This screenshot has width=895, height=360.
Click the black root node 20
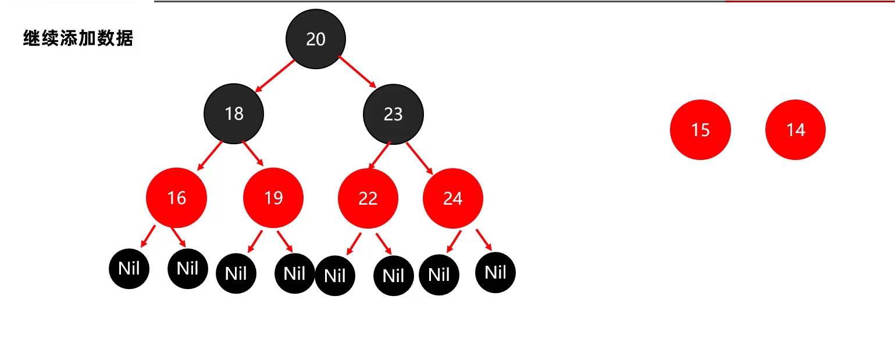pyautogui.click(x=316, y=39)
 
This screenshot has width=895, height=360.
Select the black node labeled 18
pyautogui.click(x=234, y=113)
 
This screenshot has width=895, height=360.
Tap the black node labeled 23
pyautogui.click(x=393, y=114)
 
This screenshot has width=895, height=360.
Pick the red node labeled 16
pyautogui.click(x=176, y=198)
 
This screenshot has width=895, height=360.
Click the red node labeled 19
pyautogui.click(x=273, y=198)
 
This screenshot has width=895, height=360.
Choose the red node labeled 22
pyautogui.click(x=368, y=198)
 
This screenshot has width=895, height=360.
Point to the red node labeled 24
pyautogui.click(x=452, y=198)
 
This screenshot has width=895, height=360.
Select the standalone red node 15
pyautogui.click(x=700, y=130)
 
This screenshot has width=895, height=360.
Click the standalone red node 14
pyautogui.click(x=795, y=130)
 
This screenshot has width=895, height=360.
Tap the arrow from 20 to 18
pyautogui.click(x=275, y=75)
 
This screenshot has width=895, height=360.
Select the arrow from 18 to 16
pyautogui.click(x=210, y=155)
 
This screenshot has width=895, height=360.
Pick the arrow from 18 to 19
pyautogui.click(x=253, y=154)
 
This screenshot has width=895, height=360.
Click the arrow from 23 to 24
pyautogui.click(x=419, y=157)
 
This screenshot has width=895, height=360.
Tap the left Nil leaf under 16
pyautogui.click(x=129, y=268)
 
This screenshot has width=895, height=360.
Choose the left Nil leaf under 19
pyautogui.click(x=236, y=273)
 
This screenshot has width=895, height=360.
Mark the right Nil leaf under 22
pyautogui.click(x=393, y=275)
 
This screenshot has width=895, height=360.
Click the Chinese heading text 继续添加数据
pyautogui.click(x=78, y=38)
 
